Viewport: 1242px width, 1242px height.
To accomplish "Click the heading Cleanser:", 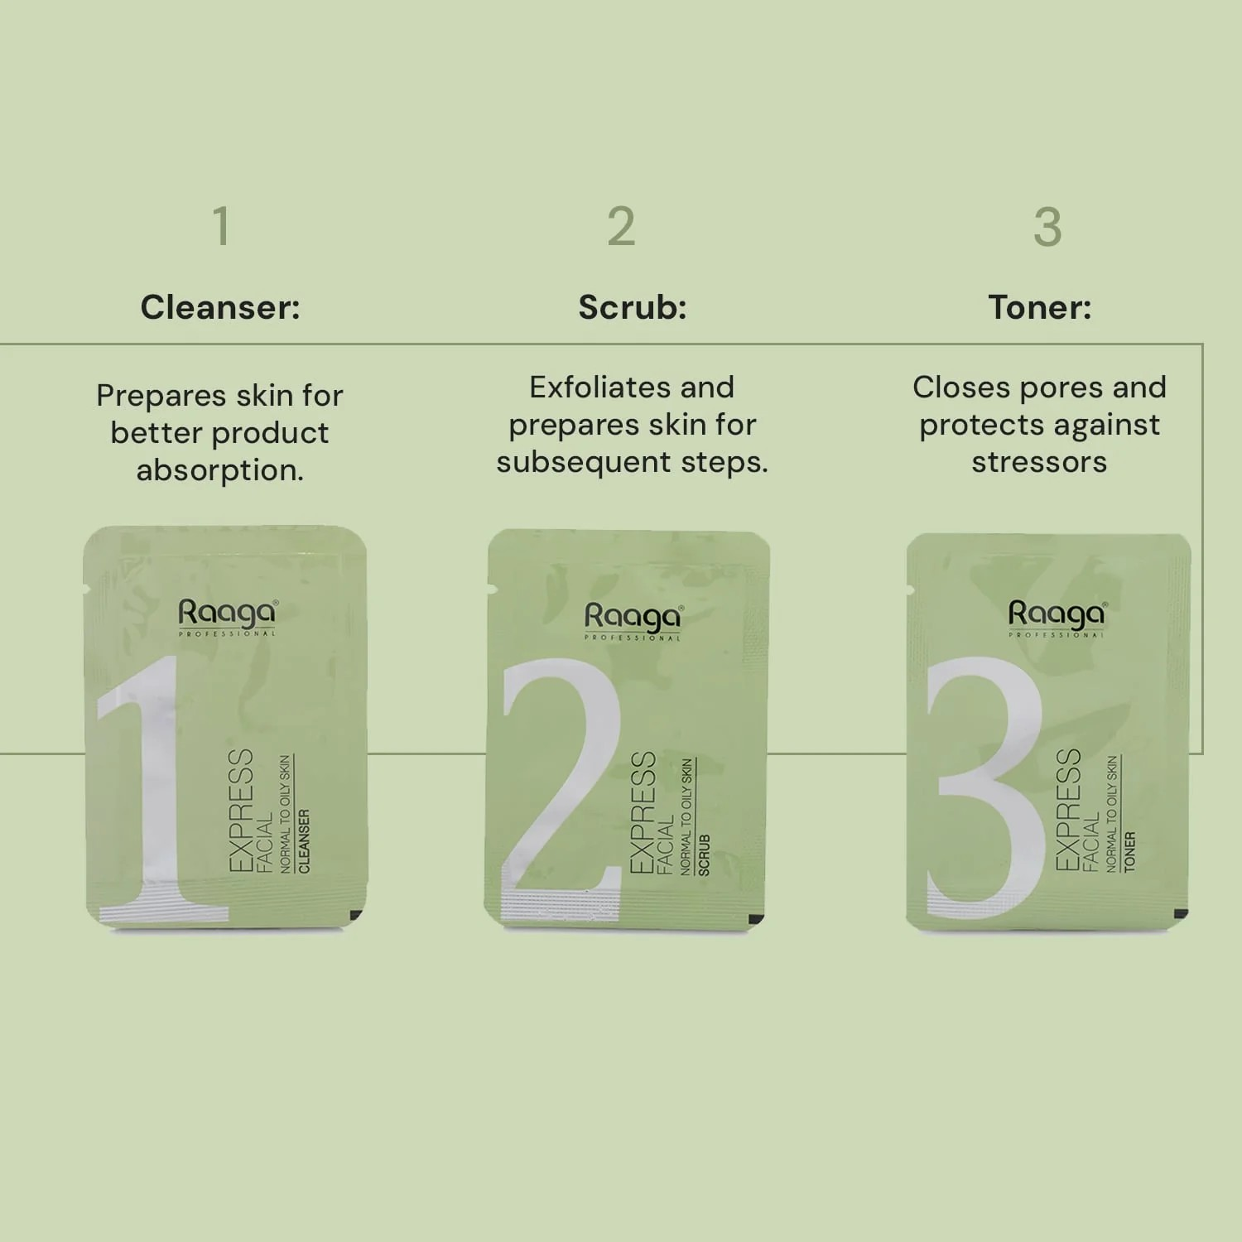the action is coord(220,307).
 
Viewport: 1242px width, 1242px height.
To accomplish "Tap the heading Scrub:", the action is coord(633,307).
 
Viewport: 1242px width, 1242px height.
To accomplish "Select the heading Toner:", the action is coord(1040,307).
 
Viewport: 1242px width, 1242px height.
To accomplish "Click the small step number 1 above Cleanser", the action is coord(221,226).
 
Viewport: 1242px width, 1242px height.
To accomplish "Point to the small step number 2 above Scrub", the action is coord(621,226).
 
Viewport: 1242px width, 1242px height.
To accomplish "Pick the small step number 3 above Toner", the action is coord(1047,226).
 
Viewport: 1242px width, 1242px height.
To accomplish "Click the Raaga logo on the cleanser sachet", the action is coord(228,617).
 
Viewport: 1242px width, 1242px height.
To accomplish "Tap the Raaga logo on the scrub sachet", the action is coord(633,621).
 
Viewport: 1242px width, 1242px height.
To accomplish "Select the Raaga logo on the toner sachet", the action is coord(1057,619).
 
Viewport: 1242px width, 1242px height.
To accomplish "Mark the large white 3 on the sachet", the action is coord(985,787).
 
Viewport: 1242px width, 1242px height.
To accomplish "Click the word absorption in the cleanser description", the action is coord(220,470).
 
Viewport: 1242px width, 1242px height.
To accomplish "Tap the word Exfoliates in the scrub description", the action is coord(585,387).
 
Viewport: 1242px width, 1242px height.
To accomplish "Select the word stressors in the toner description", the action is coord(1040,462).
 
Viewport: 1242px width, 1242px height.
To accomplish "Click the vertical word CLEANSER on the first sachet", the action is coord(304,840).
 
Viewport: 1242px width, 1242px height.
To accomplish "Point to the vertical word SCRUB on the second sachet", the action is coord(704,855).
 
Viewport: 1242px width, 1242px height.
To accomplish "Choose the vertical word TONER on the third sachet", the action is coord(1129,852).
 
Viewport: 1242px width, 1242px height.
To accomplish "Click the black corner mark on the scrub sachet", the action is coord(755,919).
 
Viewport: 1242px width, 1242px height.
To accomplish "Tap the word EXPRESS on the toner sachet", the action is coord(1068,809).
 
